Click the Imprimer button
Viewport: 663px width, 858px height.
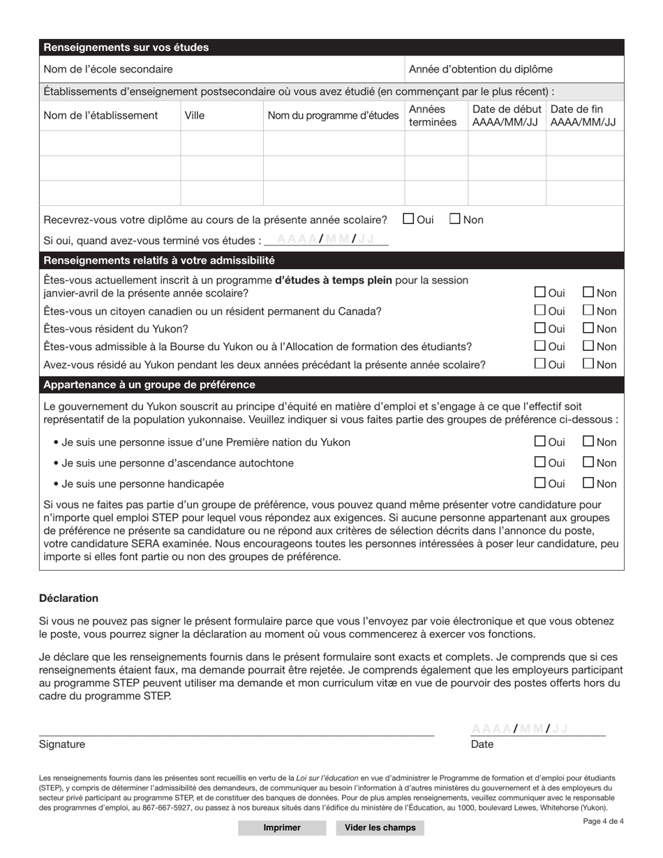coord(282,827)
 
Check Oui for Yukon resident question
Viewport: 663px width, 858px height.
coord(540,329)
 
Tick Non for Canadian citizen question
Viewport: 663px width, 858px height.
coord(588,311)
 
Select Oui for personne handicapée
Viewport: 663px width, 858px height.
coord(540,483)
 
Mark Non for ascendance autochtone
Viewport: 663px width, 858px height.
coord(588,462)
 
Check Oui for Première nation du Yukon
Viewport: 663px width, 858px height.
coord(540,442)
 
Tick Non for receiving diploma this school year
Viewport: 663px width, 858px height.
coord(454,220)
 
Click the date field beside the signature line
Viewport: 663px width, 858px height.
coord(537,729)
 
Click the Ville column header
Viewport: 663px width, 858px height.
coord(195,116)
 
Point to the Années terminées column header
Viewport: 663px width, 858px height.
coord(433,116)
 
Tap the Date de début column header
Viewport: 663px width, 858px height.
coord(507,116)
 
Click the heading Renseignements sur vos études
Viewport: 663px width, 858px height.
coord(126,48)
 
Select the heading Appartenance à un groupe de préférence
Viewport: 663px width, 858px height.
coord(149,385)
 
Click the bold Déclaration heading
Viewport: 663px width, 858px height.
coord(69,599)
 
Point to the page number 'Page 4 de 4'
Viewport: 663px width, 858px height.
coord(603,821)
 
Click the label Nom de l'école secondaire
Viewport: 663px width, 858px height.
coord(108,69)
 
